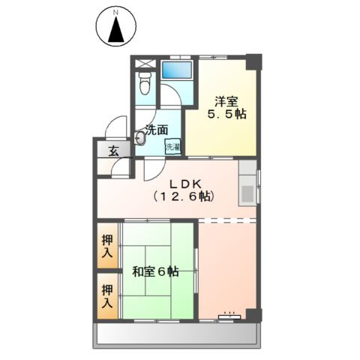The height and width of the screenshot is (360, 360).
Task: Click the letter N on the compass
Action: pos(115,13)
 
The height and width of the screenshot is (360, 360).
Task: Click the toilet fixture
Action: pos(145,83)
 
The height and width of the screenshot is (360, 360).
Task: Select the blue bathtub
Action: pos(177,70)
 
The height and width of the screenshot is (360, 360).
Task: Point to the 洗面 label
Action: pos(157,130)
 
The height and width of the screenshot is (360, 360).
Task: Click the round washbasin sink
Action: pos(139,138)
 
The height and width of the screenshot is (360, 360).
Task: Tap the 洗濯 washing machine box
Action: pos(173,147)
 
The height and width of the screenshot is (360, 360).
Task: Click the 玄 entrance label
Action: pos(113,151)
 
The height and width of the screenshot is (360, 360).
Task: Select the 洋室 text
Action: pos(226,101)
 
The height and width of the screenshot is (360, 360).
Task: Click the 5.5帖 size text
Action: pos(226,114)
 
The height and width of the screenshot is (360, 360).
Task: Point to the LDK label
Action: pos(185,184)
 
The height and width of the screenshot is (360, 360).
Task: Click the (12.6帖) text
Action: pos(184,196)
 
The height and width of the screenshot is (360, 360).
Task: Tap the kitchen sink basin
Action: pos(247,194)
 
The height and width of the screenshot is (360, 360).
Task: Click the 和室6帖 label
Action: pos(155,271)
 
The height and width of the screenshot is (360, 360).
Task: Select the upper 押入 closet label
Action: pos(107,247)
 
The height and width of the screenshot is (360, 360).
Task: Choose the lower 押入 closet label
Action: pos(107,296)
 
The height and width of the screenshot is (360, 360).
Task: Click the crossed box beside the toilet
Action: pos(145,63)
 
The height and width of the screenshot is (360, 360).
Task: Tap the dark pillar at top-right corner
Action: pos(253,61)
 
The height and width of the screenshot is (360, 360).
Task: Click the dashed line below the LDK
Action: pos(227,220)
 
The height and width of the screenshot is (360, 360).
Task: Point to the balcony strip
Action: pos(177,335)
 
